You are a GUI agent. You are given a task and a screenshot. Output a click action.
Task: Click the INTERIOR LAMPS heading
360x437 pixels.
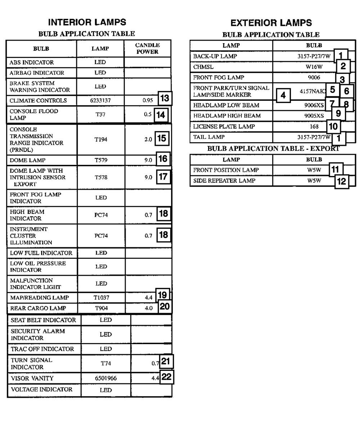pos(87,22)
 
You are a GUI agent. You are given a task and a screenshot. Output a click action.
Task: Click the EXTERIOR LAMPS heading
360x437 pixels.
pos(271,23)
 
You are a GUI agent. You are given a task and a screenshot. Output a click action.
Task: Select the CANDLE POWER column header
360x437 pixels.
pos(147,49)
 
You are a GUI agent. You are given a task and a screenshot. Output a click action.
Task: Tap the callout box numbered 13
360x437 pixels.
pos(165,98)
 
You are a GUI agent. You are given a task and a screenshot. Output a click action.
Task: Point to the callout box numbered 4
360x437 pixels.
pos(283,95)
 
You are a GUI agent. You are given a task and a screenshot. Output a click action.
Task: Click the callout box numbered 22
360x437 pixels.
pos(166,377)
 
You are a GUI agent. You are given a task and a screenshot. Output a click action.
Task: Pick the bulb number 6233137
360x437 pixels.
pos(101,101)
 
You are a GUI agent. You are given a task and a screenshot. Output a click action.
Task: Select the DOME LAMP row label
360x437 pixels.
pos(27,160)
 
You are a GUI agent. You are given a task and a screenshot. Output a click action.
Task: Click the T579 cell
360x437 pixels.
pos(101,160)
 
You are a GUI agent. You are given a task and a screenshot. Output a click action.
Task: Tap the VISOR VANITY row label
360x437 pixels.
pos(32,378)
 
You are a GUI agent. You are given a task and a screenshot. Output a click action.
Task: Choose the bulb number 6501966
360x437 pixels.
pos(106,378)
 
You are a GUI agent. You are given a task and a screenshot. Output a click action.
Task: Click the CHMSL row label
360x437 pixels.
pos(203,67)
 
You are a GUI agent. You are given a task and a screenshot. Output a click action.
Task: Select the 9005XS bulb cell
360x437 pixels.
pos(314,116)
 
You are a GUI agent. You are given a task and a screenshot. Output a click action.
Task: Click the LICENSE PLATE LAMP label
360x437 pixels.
pos(224,126)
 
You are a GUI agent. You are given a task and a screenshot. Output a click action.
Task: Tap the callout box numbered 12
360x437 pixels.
pos(341,181)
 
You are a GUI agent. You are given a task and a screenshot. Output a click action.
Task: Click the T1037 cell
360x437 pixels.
pos(101,298)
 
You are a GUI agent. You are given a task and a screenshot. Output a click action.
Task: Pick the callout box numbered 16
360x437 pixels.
pos(163,159)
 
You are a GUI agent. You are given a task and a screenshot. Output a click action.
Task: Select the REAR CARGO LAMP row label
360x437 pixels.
pos(38,308)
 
